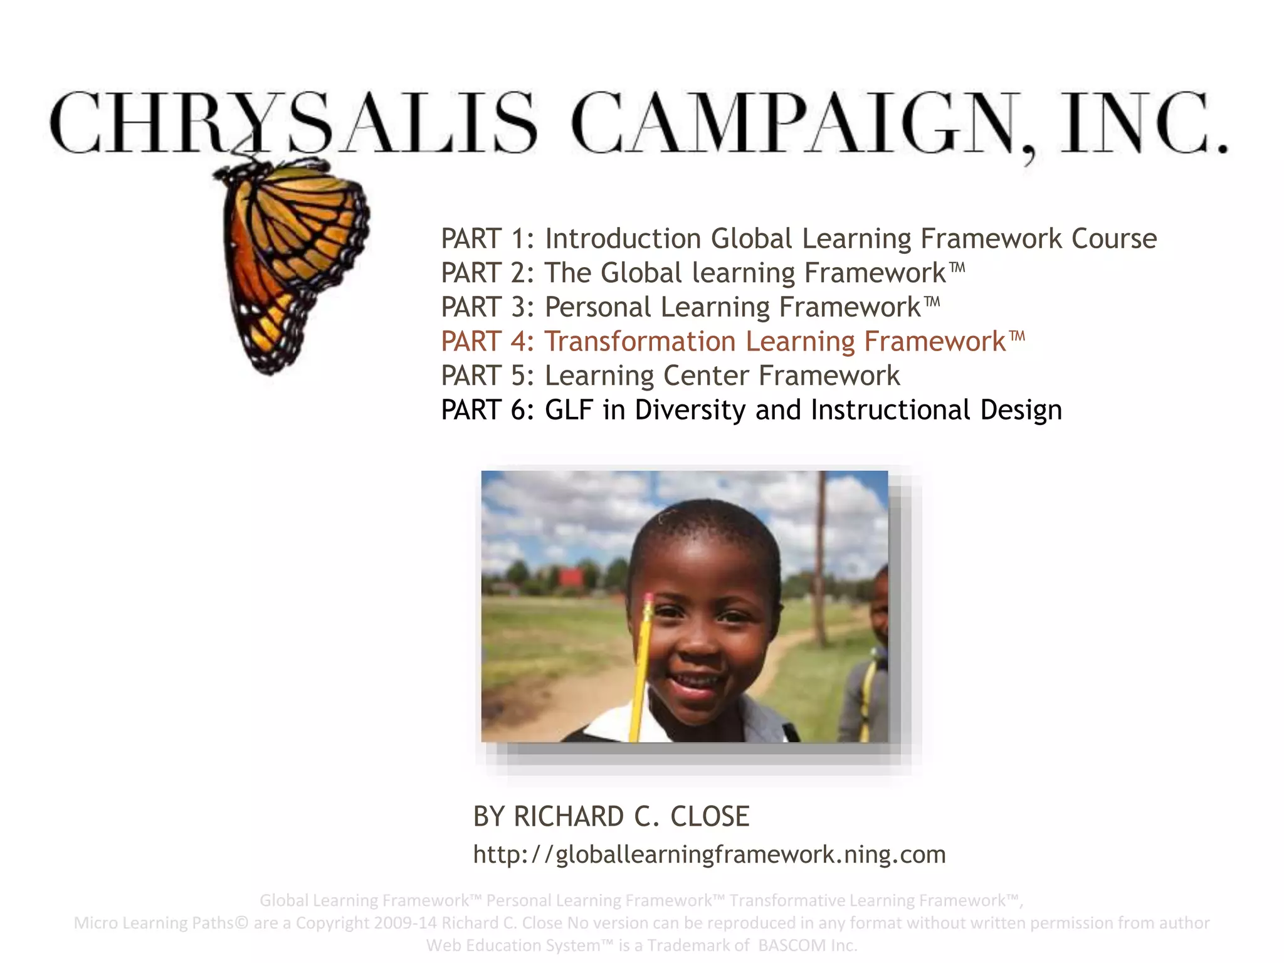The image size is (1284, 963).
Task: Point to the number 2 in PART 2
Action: click(519, 273)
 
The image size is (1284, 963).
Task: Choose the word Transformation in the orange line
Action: click(639, 342)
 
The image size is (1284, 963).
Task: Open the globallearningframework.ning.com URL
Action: click(709, 855)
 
